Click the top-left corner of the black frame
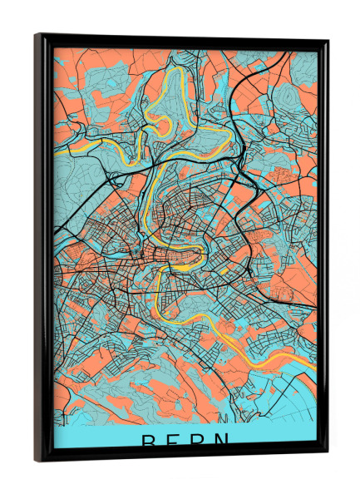tap(37, 35)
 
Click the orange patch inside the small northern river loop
tap(163, 126)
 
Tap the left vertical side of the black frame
tap(42, 249)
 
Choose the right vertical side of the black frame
tap(323, 249)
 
